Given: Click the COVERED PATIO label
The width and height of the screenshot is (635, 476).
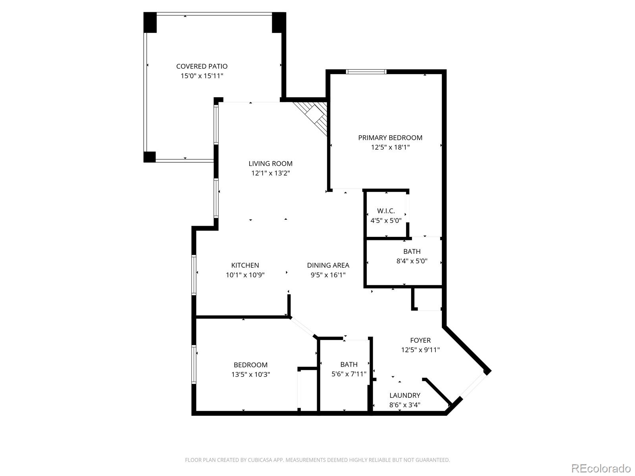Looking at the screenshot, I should (x=202, y=66).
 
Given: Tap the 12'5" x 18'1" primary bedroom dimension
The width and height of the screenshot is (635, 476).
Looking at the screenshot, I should (x=390, y=147).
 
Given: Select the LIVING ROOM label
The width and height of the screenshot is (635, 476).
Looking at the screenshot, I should (x=270, y=163).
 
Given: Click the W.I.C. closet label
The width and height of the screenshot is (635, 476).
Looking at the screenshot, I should (x=386, y=211).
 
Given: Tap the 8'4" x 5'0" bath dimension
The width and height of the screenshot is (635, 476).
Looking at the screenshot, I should (x=412, y=261).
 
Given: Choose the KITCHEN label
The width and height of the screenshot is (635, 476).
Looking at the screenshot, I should (x=245, y=265).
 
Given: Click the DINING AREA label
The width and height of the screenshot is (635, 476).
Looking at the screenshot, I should (x=328, y=265).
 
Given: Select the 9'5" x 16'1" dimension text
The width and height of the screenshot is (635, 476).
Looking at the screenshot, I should (x=328, y=275).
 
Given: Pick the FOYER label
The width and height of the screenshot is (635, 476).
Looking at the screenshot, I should (x=420, y=340).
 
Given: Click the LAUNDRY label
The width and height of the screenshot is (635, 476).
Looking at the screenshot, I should (x=404, y=395).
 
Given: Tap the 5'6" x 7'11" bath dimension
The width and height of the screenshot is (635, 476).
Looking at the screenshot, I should (x=348, y=374).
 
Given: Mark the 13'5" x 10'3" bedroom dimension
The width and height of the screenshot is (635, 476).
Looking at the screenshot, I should (x=250, y=374).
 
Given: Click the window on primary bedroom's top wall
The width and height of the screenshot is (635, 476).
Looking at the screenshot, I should (x=366, y=72).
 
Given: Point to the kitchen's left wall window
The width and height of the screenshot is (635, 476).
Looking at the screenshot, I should (x=194, y=274).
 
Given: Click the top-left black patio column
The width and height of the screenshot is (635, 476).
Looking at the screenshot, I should (x=150, y=23).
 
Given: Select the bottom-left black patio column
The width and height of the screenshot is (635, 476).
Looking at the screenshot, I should (x=149, y=157).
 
